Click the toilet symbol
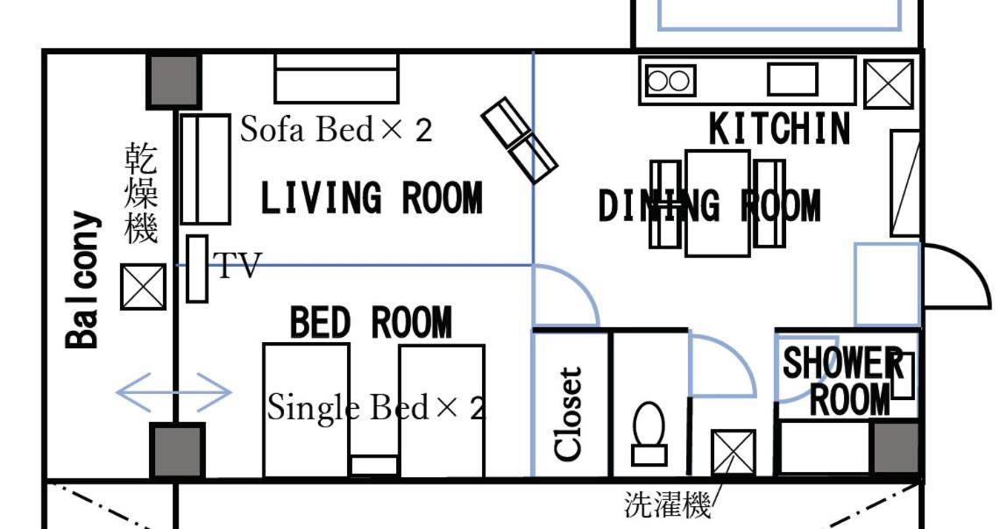(x=649, y=433)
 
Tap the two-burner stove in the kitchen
(x=670, y=81)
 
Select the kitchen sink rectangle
(x=792, y=80)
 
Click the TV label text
(x=237, y=265)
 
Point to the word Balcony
(x=84, y=280)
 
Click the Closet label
(x=569, y=414)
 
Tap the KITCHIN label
(x=780, y=129)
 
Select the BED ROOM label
(x=372, y=322)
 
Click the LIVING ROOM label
(x=372, y=198)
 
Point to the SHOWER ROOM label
(x=841, y=381)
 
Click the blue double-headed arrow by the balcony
(x=174, y=392)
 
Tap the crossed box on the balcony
(x=143, y=288)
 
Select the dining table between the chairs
(x=718, y=204)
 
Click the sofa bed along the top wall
(x=337, y=78)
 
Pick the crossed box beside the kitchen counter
(x=888, y=84)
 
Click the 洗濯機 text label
(x=668, y=505)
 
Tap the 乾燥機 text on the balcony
(x=141, y=194)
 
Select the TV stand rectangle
(x=197, y=268)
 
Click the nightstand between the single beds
(x=374, y=466)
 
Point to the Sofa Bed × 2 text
(x=336, y=130)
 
